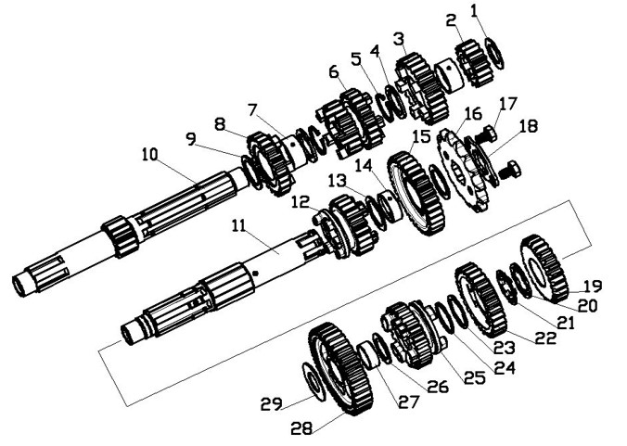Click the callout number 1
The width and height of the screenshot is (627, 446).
475,11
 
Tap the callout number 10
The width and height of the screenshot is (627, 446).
150,155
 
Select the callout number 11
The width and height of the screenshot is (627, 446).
239,226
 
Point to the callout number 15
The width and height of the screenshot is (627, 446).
420,136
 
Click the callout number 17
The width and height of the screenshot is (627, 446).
508,103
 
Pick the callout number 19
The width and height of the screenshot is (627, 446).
593,287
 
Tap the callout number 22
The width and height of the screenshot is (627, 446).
546,338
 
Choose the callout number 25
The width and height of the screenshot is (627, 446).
475,377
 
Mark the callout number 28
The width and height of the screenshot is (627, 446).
301,428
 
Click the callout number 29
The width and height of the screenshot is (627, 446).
272,403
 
